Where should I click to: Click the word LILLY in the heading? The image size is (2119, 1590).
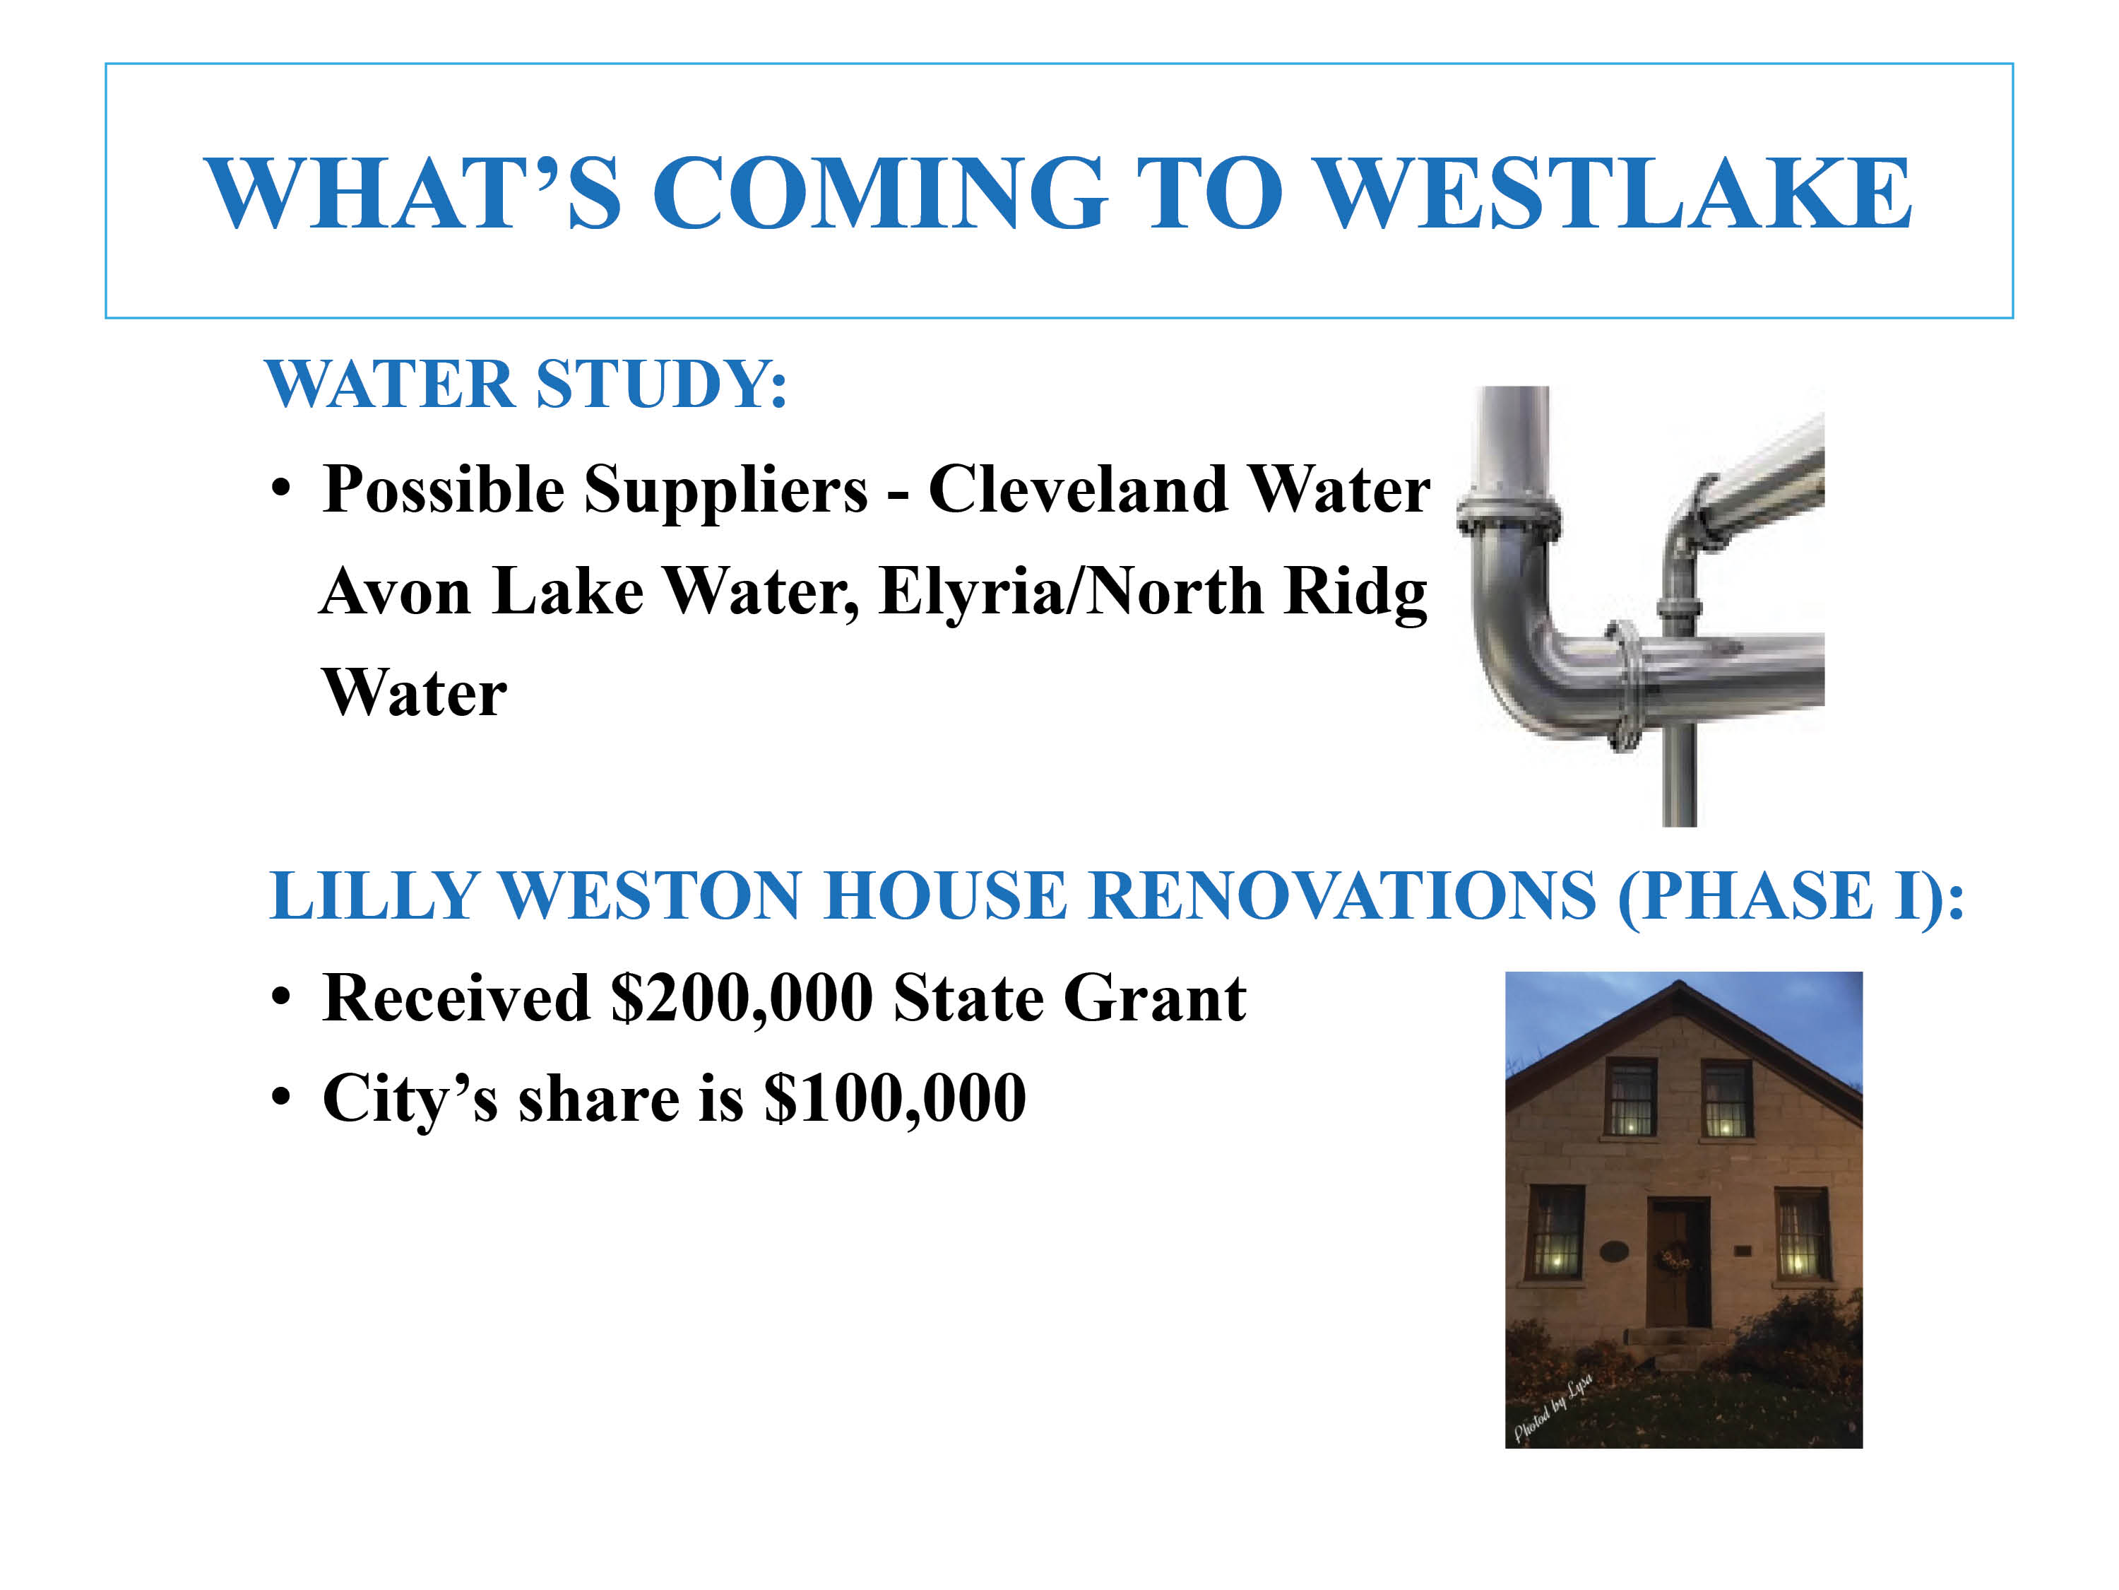coord(374,896)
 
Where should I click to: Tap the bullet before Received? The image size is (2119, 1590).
coord(280,998)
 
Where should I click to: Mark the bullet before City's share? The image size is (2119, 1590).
coord(280,1097)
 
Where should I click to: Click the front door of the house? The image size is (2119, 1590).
coord(1678,1262)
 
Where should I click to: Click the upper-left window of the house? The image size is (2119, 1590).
coord(1630,1098)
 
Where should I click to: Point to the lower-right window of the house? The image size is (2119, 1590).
coord(1802,1233)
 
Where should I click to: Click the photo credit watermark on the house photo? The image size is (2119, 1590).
coord(1553,1406)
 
